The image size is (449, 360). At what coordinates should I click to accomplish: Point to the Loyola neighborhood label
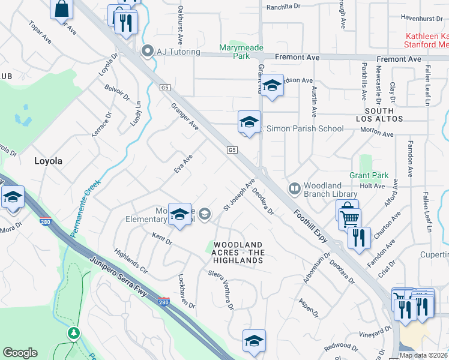coord(49,161)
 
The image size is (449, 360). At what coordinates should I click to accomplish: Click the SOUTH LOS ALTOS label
coord(379,115)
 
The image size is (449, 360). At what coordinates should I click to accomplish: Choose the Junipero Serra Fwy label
coord(124,278)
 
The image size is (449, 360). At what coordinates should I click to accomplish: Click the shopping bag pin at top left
coord(61,9)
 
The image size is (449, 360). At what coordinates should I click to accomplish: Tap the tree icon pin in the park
coord(74,332)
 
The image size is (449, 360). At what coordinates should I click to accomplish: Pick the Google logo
coord(20,353)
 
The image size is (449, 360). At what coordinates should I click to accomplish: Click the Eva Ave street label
coord(183,164)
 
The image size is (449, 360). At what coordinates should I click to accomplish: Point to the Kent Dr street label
coord(162,240)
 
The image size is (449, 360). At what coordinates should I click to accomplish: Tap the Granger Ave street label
coord(185,116)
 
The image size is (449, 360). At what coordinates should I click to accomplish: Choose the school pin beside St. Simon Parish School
coord(249,122)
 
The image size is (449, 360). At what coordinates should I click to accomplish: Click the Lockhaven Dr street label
coord(186,292)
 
